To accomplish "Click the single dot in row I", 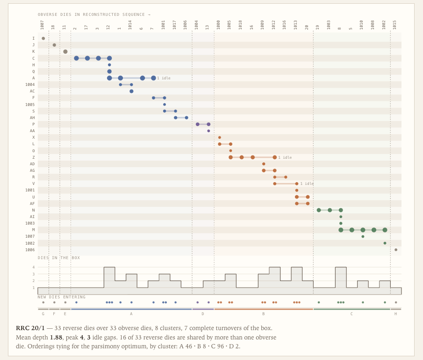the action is tap(43, 38).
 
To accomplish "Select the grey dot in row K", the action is tap(65, 51).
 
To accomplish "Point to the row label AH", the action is tap(32, 118).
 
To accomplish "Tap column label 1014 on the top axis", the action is tap(130, 25).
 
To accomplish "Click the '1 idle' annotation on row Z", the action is tap(285, 157).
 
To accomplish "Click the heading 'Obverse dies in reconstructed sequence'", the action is tap(94, 14).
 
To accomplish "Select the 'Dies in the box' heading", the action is tap(59, 258).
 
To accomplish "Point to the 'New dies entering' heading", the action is tap(62, 297).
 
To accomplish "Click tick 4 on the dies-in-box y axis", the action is tap(34, 267).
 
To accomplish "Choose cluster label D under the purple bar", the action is tap(203, 314).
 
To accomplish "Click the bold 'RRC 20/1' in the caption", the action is tap(30, 328).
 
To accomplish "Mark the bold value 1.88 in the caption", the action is tap(56, 338).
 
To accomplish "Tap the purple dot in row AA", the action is tap(208, 131).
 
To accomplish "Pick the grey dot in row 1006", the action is tap(396, 250).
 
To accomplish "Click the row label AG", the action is tap(32, 170).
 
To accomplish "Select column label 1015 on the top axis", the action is tap(394, 25).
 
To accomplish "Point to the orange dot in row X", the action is tap(220, 137).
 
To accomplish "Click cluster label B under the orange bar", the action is tap(264, 314).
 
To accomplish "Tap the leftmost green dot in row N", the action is tap(319, 210).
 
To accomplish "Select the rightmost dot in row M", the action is tap(385, 230).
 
